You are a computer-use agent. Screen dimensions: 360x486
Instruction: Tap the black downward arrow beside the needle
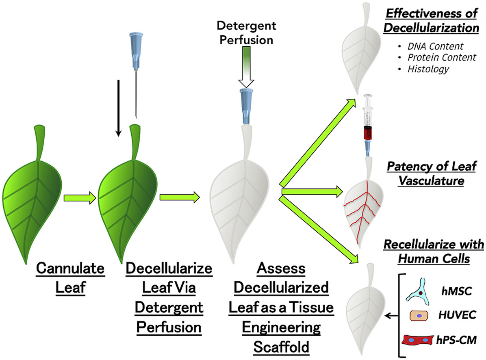pos(118,108)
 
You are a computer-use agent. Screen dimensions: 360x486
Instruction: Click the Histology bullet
pos(429,69)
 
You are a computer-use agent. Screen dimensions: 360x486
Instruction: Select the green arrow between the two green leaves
pos(80,197)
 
